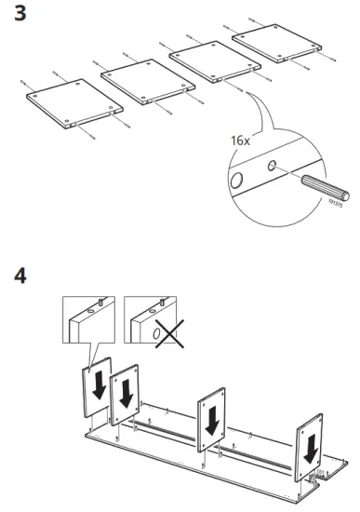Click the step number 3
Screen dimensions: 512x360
(15, 16)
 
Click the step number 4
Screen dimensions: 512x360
(16, 276)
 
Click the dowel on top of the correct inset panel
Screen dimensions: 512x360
(99, 303)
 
